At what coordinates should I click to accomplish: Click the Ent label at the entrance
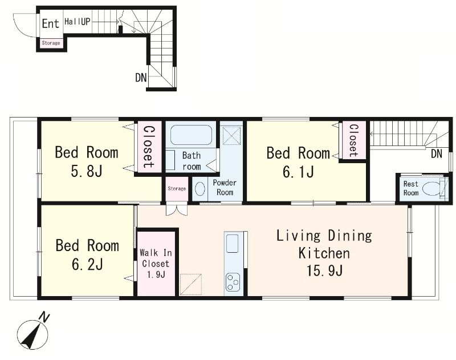tap(50, 23)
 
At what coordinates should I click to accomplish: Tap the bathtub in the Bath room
tap(191, 135)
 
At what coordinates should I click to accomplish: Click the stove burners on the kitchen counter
tap(233, 282)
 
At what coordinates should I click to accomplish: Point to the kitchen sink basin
tap(232, 243)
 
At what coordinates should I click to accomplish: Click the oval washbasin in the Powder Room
tap(199, 189)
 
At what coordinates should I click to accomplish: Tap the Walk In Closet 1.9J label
tap(156, 264)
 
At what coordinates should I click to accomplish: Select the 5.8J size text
tap(87, 171)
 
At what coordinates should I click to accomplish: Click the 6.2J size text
tap(87, 265)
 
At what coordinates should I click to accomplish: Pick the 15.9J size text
tap(324, 270)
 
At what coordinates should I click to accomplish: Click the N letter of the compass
tap(44, 317)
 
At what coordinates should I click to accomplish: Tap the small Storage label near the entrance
tap(51, 43)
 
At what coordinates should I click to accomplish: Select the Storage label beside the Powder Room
tap(177, 189)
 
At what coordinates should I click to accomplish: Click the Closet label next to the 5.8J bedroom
tap(149, 147)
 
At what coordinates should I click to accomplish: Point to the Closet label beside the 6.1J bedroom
tap(353, 140)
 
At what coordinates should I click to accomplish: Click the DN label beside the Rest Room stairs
tap(437, 153)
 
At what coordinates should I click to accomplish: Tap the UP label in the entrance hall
tap(85, 22)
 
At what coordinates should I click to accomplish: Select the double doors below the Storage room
tap(177, 210)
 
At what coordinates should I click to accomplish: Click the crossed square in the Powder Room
tap(232, 135)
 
